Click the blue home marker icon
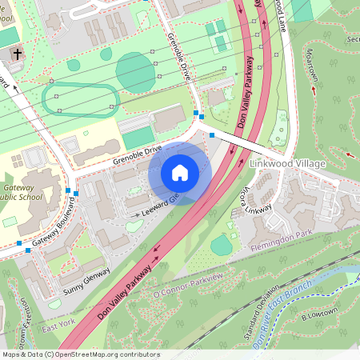[180, 173]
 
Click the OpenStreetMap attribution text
[81, 354]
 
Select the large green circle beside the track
[135, 73]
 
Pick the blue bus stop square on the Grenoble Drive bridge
[211, 135]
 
